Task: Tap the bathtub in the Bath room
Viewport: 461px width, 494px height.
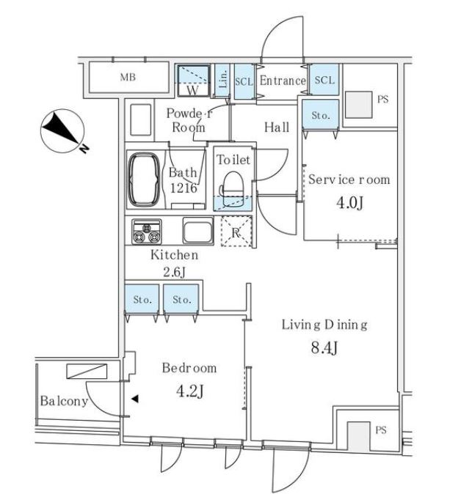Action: pos(144,180)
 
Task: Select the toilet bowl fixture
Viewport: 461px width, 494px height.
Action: pos(233,189)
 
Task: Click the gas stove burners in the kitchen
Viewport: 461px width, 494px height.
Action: pos(146,232)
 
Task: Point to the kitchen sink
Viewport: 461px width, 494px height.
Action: pos(198,232)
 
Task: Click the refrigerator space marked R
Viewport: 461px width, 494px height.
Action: pos(236,232)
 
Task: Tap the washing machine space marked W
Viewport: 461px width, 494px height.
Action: pos(193,81)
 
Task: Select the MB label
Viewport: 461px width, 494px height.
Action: pos(128,77)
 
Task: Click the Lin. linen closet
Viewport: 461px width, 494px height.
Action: pos(222,81)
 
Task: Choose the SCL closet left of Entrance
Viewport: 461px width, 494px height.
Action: pos(244,81)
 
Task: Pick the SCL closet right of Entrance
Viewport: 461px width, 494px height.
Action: pos(324,79)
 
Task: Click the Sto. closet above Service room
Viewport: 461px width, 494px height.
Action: pos(320,114)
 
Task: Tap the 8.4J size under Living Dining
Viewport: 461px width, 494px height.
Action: pos(324,347)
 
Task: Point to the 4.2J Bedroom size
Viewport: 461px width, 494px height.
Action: pos(189,391)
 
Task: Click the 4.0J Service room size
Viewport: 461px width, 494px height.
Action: pos(350,202)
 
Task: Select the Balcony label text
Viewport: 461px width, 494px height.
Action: pos(64,401)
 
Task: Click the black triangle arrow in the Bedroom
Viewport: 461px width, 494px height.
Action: pos(135,399)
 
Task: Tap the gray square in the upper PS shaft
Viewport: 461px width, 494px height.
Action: pos(358,105)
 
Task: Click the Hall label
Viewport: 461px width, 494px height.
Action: pos(277,128)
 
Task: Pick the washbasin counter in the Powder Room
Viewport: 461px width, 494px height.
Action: pos(140,119)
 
